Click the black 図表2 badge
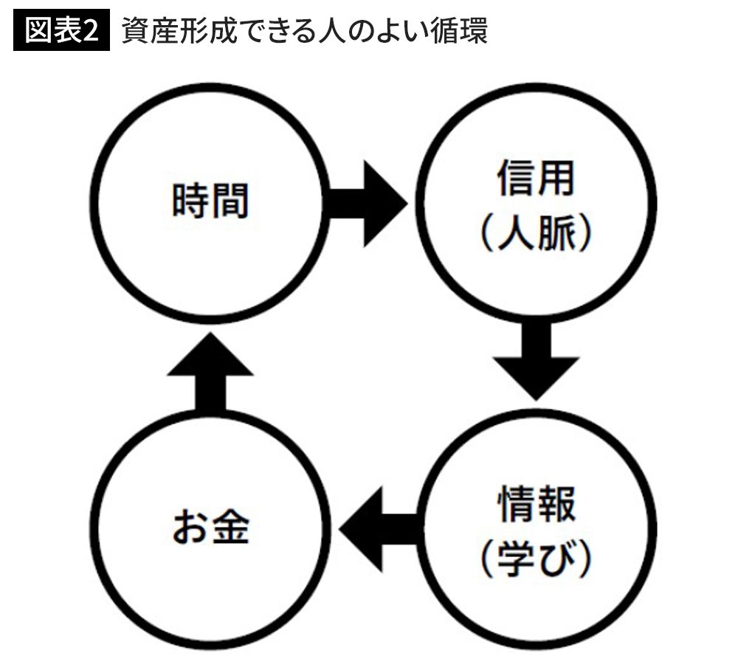pyautogui.click(x=61, y=33)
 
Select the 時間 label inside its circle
pyautogui.click(x=210, y=201)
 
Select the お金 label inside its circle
pyautogui.click(x=210, y=528)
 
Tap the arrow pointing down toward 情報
pyautogui.click(x=537, y=361)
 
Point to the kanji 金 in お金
pyautogui.click(x=230, y=528)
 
